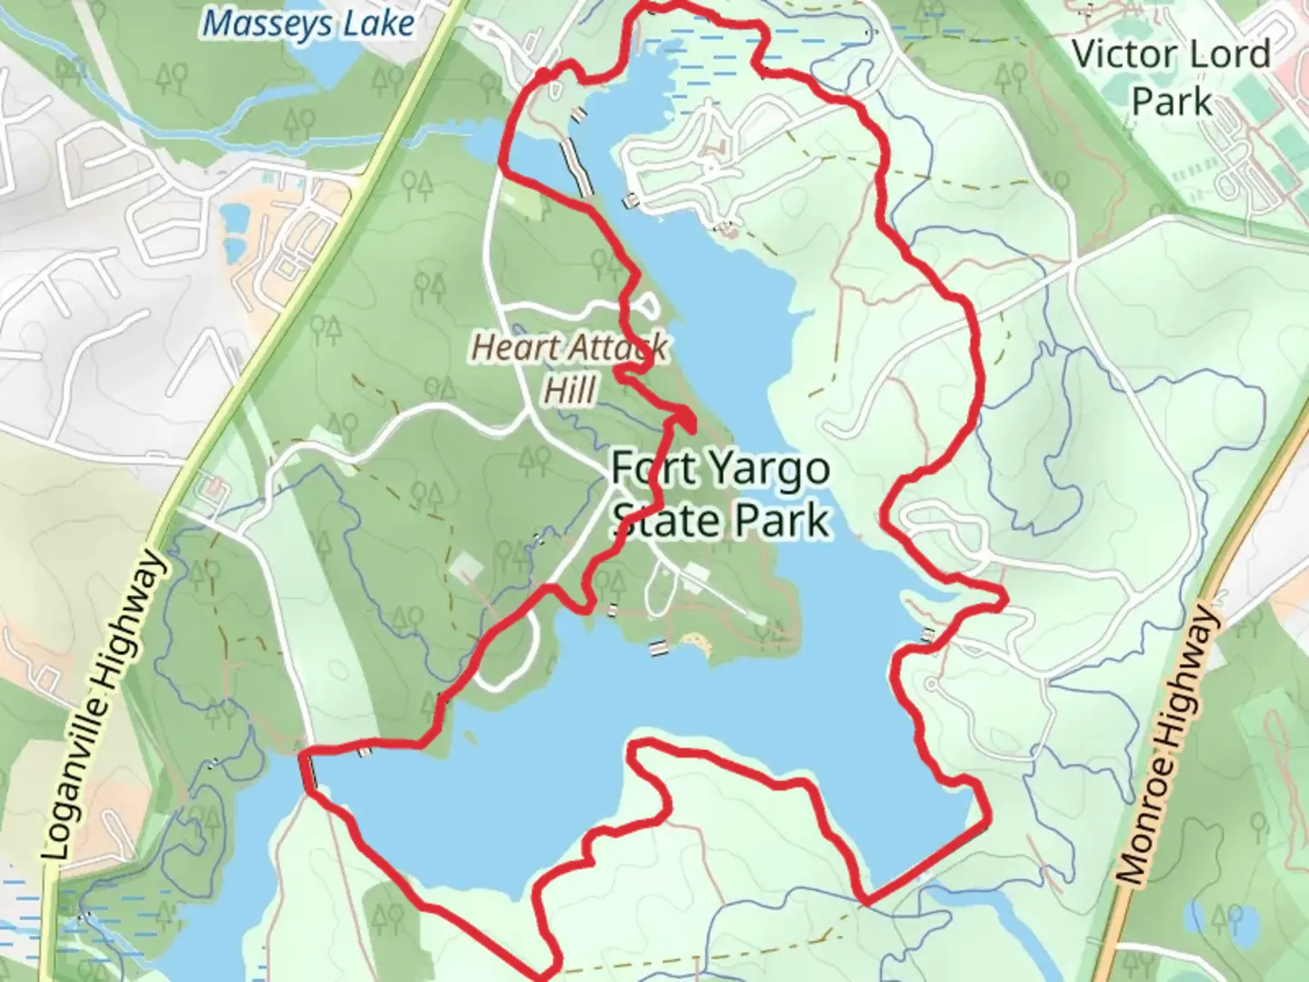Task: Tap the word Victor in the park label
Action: [x=1119, y=55]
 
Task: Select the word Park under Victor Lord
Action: [x=1172, y=101]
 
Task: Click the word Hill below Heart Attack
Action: [x=571, y=391]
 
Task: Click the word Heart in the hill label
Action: [x=506, y=346]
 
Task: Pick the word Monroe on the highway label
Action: [x=1140, y=834]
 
